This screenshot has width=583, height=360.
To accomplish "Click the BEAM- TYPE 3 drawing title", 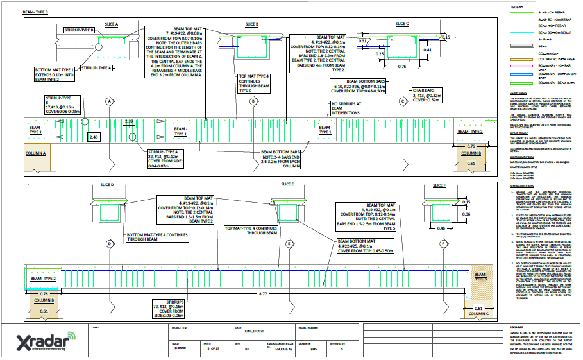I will (35, 12).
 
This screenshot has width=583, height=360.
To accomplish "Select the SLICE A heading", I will (111, 24).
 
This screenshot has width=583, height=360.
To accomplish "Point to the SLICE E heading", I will (287, 184).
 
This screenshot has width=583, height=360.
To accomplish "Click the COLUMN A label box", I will (35, 154).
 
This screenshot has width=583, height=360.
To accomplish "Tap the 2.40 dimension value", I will (94, 137).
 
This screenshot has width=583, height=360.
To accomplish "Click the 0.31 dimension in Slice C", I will (362, 41).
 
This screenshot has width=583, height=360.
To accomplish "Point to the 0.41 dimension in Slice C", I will (428, 49).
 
